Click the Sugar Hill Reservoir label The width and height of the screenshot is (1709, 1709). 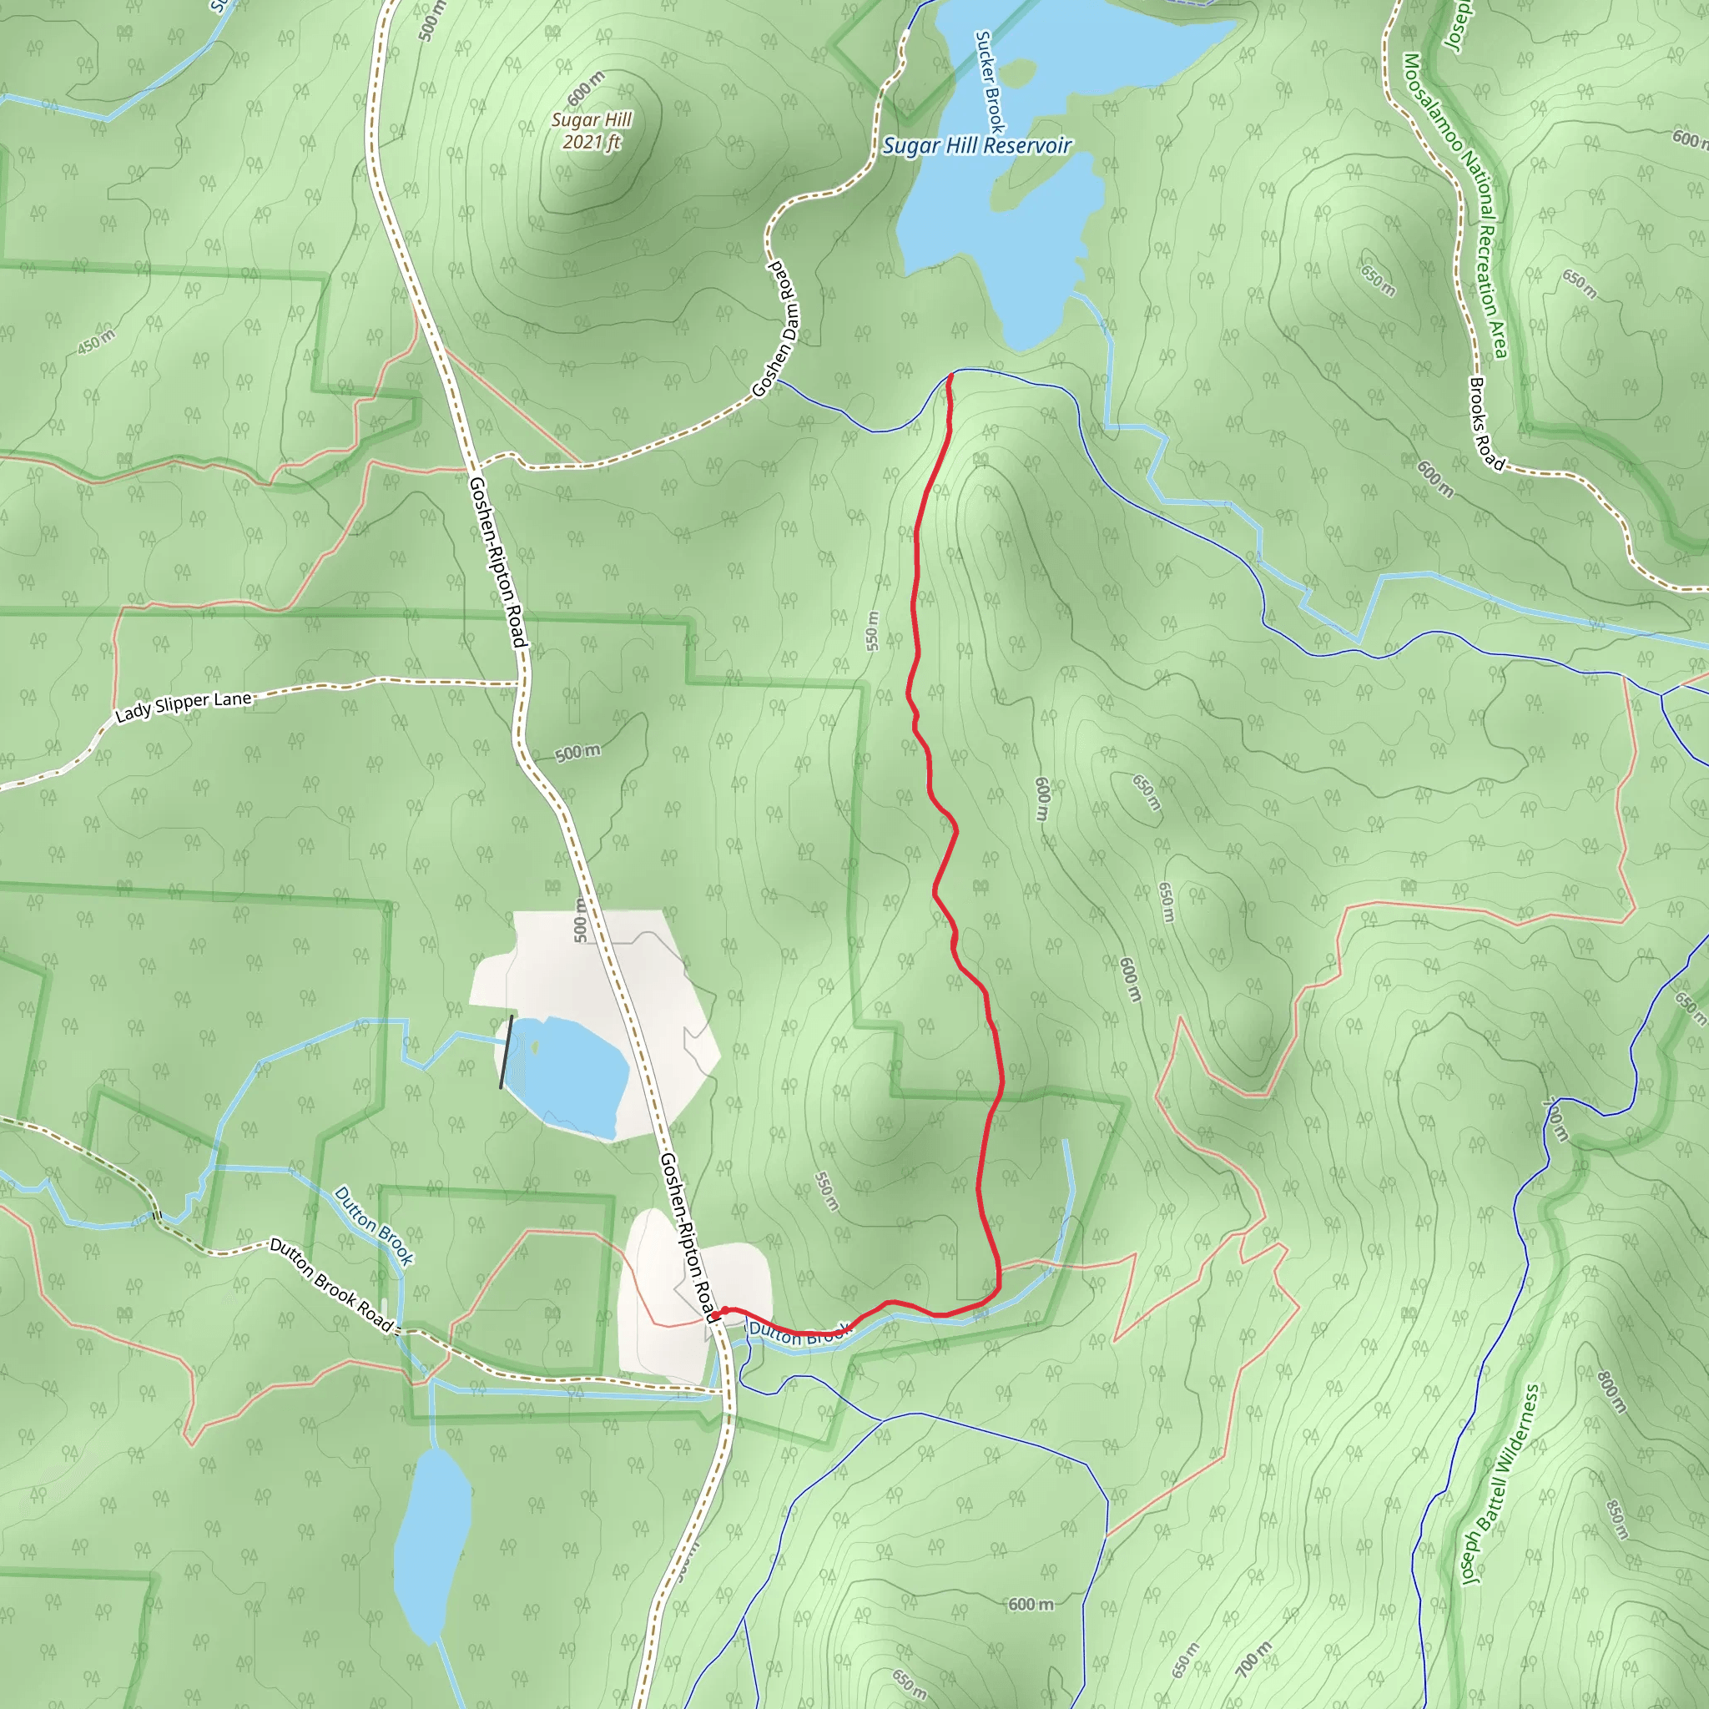[976, 146]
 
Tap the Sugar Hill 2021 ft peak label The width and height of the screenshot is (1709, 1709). [592, 131]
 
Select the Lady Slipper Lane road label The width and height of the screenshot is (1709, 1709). [184, 706]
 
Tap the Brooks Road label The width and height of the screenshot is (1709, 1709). [1486, 424]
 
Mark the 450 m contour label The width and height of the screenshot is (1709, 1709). [95, 342]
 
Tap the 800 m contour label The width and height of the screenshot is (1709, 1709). [1611, 1391]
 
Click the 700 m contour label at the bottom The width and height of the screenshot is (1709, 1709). [1253, 1659]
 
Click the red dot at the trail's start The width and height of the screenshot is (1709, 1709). [724, 1310]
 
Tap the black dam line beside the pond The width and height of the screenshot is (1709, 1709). [506, 1051]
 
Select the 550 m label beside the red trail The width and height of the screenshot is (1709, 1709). [873, 632]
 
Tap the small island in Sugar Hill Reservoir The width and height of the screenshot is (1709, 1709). [1019, 70]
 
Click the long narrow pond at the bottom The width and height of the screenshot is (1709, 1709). [431, 1544]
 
